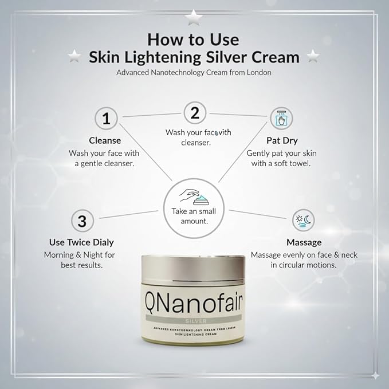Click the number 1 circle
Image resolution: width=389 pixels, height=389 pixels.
105,119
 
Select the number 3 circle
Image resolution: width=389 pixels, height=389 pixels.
82,221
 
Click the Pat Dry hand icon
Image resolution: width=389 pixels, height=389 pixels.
281,119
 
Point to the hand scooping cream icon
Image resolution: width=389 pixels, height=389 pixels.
194,198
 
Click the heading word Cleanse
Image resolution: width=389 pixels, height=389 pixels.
105,140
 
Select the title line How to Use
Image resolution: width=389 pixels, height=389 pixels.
194,39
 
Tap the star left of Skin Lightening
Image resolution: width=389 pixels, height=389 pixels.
73,56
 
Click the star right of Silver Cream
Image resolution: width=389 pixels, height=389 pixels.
313,56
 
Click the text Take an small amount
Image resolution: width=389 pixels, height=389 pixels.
194,216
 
